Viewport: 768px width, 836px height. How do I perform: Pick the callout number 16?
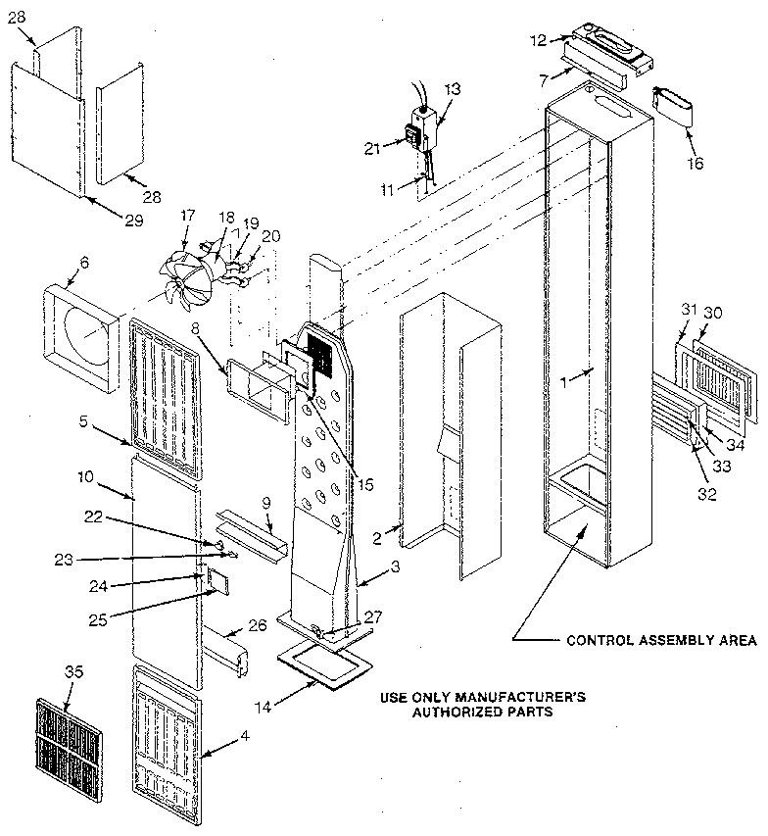tap(695, 163)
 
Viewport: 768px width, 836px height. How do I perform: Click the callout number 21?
tap(371, 147)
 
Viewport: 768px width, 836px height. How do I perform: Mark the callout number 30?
tap(717, 313)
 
